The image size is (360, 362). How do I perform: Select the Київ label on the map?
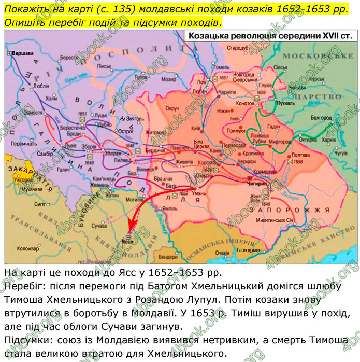(x=196, y=128)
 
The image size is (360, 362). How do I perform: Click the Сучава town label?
(x=99, y=226)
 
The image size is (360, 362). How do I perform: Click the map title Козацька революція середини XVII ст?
(x=271, y=36)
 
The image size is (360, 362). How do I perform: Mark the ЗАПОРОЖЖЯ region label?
(x=289, y=210)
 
